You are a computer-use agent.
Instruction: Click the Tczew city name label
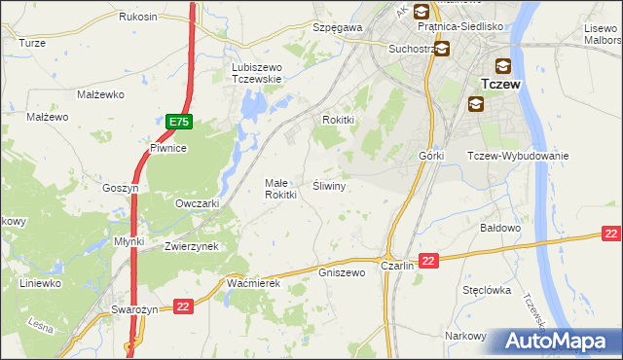pos(502,85)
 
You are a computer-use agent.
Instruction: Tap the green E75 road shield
pos(178,122)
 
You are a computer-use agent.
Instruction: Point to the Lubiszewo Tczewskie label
pos(256,73)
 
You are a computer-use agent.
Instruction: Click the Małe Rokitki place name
pos(280,189)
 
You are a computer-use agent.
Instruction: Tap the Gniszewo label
pos(342,272)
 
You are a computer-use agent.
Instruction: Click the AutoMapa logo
pos(559,342)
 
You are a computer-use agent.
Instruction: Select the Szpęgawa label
pos(337,28)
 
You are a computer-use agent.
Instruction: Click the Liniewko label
pos(41,283)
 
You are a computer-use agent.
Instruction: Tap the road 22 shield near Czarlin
pos(430,259)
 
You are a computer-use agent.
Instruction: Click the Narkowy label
pos(465,336)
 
